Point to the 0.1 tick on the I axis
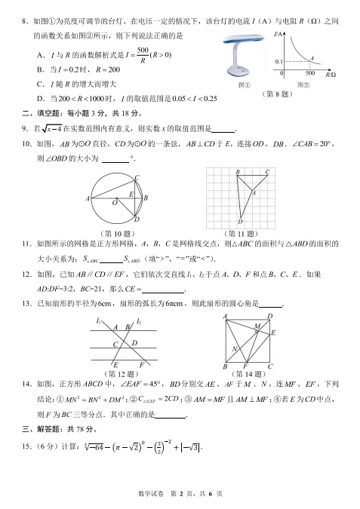[x=278, y=60]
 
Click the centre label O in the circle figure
[x=115, y=202]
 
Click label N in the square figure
[x=235, y=348]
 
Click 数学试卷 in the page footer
[x=152, y=492]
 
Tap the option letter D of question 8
[x=40, y=98]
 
